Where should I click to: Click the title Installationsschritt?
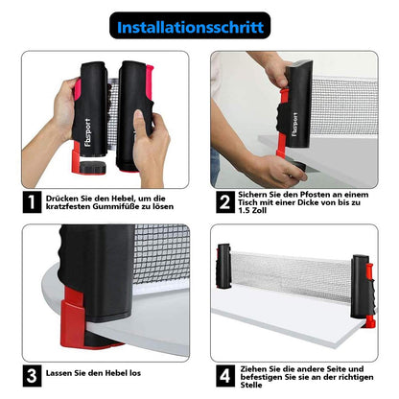pyautogui.click(x=190, y=27)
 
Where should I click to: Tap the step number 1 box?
pyautogui.click(x=32, y=202)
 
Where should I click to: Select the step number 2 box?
pyautogui.click(x=225, y=202)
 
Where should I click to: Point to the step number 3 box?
pyautogui.click(x=32, y=376)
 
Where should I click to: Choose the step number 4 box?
pyautogui.click(x=225, y=376)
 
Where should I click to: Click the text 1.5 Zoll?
pyautogui.click(x=252, y=210)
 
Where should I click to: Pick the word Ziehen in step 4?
pyautogui.click(x=252, y=369)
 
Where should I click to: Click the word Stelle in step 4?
pyautogui.click(x=251, y=385)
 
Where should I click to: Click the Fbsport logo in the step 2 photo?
pyautogui.click(x=294, y=125)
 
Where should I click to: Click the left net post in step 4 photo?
pyautogui.click(x=224, y=267)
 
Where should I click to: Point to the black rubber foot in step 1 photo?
pyautogui.click(x=92, y=167)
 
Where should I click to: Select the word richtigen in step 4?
pyautogui.click(x=357, y=377)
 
